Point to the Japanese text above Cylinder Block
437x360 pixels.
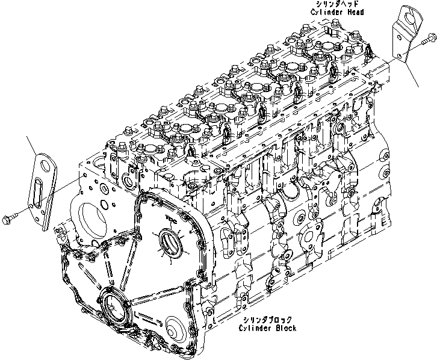tap(262, 320)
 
